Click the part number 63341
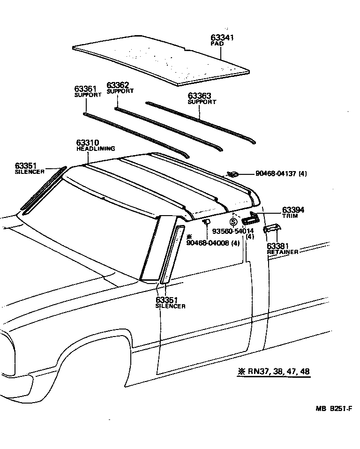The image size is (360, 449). click(223, 37)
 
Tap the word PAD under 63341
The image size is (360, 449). click(217, 44)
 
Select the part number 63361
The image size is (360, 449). click(85, 89)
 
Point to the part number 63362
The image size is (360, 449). click(118, 85)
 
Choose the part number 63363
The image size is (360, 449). click(199, 96)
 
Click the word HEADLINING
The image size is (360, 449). click(96, 149)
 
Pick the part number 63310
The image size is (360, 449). click(88, 142)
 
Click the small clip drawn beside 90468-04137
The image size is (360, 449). click(232, 174)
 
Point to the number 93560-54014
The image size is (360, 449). click(233, 231)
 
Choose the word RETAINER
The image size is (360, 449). click(283, 252)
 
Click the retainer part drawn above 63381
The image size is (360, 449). click(272, 228)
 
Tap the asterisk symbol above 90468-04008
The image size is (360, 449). click(189, 237)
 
